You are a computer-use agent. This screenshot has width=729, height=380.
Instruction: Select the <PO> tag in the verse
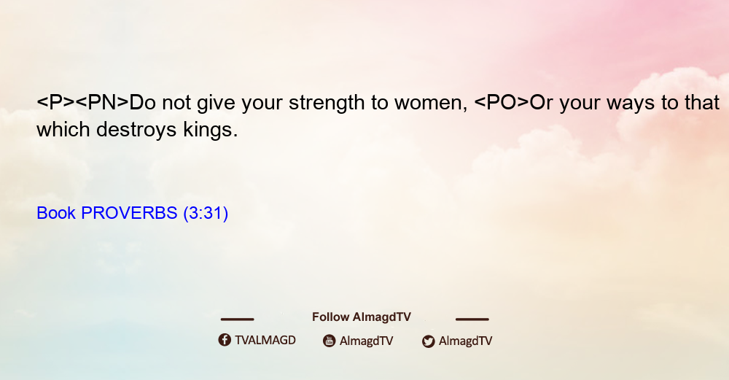click(502, 102)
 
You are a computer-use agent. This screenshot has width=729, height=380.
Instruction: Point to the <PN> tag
click(102, 102)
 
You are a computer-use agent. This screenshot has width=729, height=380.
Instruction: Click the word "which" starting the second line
click(63, 130)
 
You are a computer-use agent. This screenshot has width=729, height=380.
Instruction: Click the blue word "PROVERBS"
click(129, 213)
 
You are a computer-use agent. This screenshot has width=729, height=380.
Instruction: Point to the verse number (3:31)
click(206, 214)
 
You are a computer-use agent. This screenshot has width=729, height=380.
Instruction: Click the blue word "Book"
click(56, 213)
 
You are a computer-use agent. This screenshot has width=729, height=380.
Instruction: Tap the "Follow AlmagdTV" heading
click(362, 317)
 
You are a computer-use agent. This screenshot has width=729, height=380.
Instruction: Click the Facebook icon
click(225, 340)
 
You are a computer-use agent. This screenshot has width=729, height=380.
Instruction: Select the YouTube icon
click(330, 341)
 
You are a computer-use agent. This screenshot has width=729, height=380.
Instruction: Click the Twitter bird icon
click(429, 341)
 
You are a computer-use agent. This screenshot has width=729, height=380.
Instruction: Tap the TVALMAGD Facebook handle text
click(265, 341)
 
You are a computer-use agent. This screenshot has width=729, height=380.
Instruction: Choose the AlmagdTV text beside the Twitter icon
click(465, 341)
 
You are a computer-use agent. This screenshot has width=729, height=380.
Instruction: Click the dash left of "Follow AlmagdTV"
click(237, 319)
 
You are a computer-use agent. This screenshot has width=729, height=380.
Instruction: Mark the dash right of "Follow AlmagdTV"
click(472, 319)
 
